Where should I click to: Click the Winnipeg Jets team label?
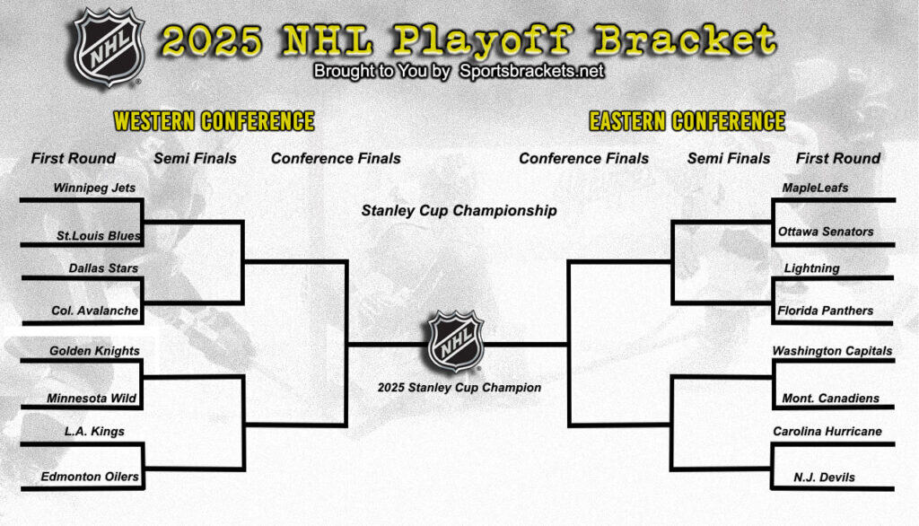(93, 189)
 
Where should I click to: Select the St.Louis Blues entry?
(99, 236)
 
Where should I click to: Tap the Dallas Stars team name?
(103, 267)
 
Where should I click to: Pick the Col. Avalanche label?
(95, 311)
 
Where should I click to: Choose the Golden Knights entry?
(94, 351)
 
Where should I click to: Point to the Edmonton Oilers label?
(90, 477)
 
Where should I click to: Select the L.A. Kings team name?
(94, 432)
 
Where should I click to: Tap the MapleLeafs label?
(815, 188)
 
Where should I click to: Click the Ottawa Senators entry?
(826, 232)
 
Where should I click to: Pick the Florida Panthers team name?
(826, 311)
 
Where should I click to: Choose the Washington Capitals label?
(832, 351)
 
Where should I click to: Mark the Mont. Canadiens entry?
(829, 398)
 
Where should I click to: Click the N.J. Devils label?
(824, 477)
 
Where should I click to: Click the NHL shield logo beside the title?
(108, 47)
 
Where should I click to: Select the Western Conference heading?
(214, 121)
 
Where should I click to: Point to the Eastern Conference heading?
(687, 121)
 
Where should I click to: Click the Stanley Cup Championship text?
(459, 211)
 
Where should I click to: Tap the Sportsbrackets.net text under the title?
(532, 71)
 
